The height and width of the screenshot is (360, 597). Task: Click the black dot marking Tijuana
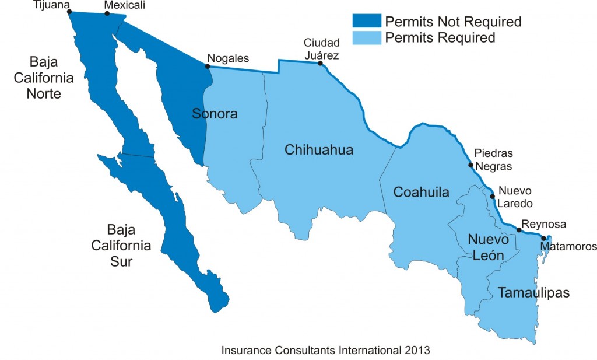[69, 11]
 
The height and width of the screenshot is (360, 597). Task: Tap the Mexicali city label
[124, 5]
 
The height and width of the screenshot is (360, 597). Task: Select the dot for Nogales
[208, 67]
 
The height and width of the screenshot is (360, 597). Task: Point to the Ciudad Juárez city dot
[319, 63]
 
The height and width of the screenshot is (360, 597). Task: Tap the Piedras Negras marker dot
[470, 165]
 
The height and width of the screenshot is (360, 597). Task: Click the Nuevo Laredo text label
[515, 197]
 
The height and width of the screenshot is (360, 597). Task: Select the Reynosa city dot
[519, 230]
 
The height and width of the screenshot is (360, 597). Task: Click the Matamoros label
[568, 247]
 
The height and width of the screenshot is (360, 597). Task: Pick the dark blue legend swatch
[366, 22]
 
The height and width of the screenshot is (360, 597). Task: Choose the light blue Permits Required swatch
[366, 37]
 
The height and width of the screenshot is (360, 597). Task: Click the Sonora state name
[215, 114]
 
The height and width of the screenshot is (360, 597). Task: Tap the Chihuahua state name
[319, 150]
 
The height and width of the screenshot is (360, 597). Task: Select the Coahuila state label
[421, 192]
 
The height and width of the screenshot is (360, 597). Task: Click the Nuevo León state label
[489, 247]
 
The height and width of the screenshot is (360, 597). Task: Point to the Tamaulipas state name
[533, 292]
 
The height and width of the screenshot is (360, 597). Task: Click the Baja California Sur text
[121, 245]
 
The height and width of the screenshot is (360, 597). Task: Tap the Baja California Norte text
[44, 77]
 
